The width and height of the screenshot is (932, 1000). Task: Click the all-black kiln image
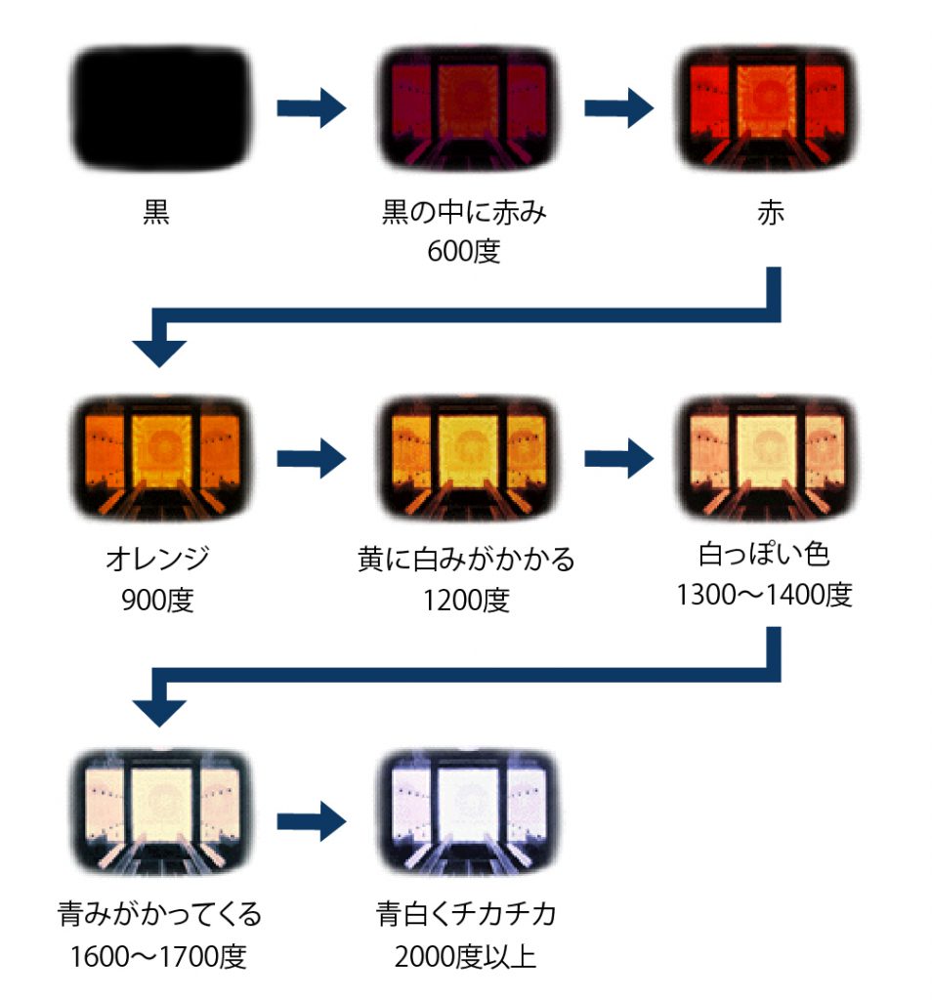pyautogui.click(x=160, y=108)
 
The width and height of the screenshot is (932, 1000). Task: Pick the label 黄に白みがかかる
pyautogui.click(x=466, y=561)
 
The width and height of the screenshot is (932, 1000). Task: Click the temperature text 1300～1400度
pyautogui.click(x=764, y=594)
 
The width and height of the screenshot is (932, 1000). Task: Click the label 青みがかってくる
pyautogui.click(x=160, y=916)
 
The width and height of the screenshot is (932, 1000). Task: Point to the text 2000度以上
pyautogui.click(x=466, y=955)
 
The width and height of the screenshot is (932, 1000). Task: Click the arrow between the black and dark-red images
pyautogui.click(x=312, y=107)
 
